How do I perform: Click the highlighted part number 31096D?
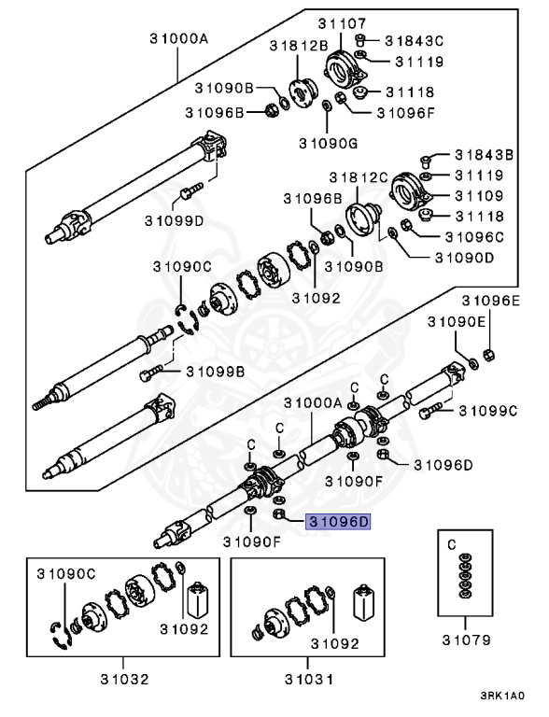point(333,522)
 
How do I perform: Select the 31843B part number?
point(485,155)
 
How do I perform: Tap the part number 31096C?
point(475,237)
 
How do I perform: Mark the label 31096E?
point(492,301)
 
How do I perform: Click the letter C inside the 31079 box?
point(452,542)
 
